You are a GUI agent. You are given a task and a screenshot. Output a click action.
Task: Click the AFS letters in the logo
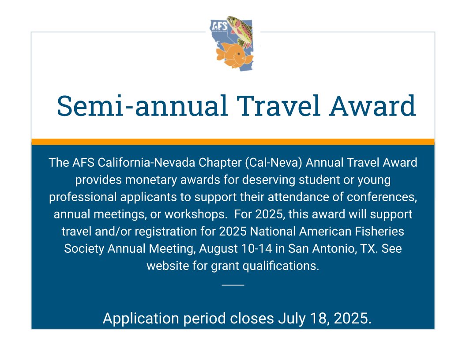[x=220, y=26]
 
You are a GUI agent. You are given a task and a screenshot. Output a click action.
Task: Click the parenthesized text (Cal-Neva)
[x=271, y=162]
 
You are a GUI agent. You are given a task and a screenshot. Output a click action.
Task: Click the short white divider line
[x=233, y=285]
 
